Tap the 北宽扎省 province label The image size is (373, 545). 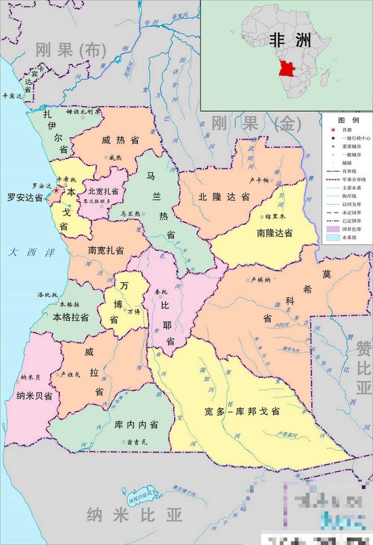(103, 191)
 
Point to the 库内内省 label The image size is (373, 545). (136, 424)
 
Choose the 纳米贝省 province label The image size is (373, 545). (34, 396)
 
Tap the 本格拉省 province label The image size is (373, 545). (71, 317)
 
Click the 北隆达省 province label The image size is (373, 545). (224, 197)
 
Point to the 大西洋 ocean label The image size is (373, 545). (31, 253)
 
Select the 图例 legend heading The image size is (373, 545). (348, 121)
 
